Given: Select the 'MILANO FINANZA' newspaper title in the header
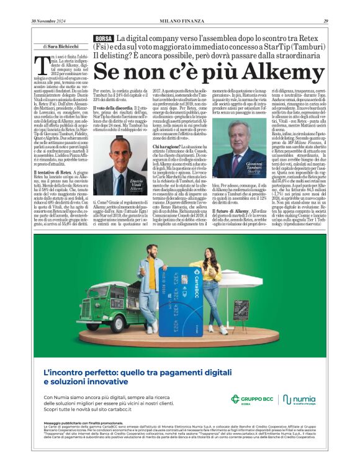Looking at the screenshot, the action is (180, 22).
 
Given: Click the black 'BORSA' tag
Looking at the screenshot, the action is (104, 38).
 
